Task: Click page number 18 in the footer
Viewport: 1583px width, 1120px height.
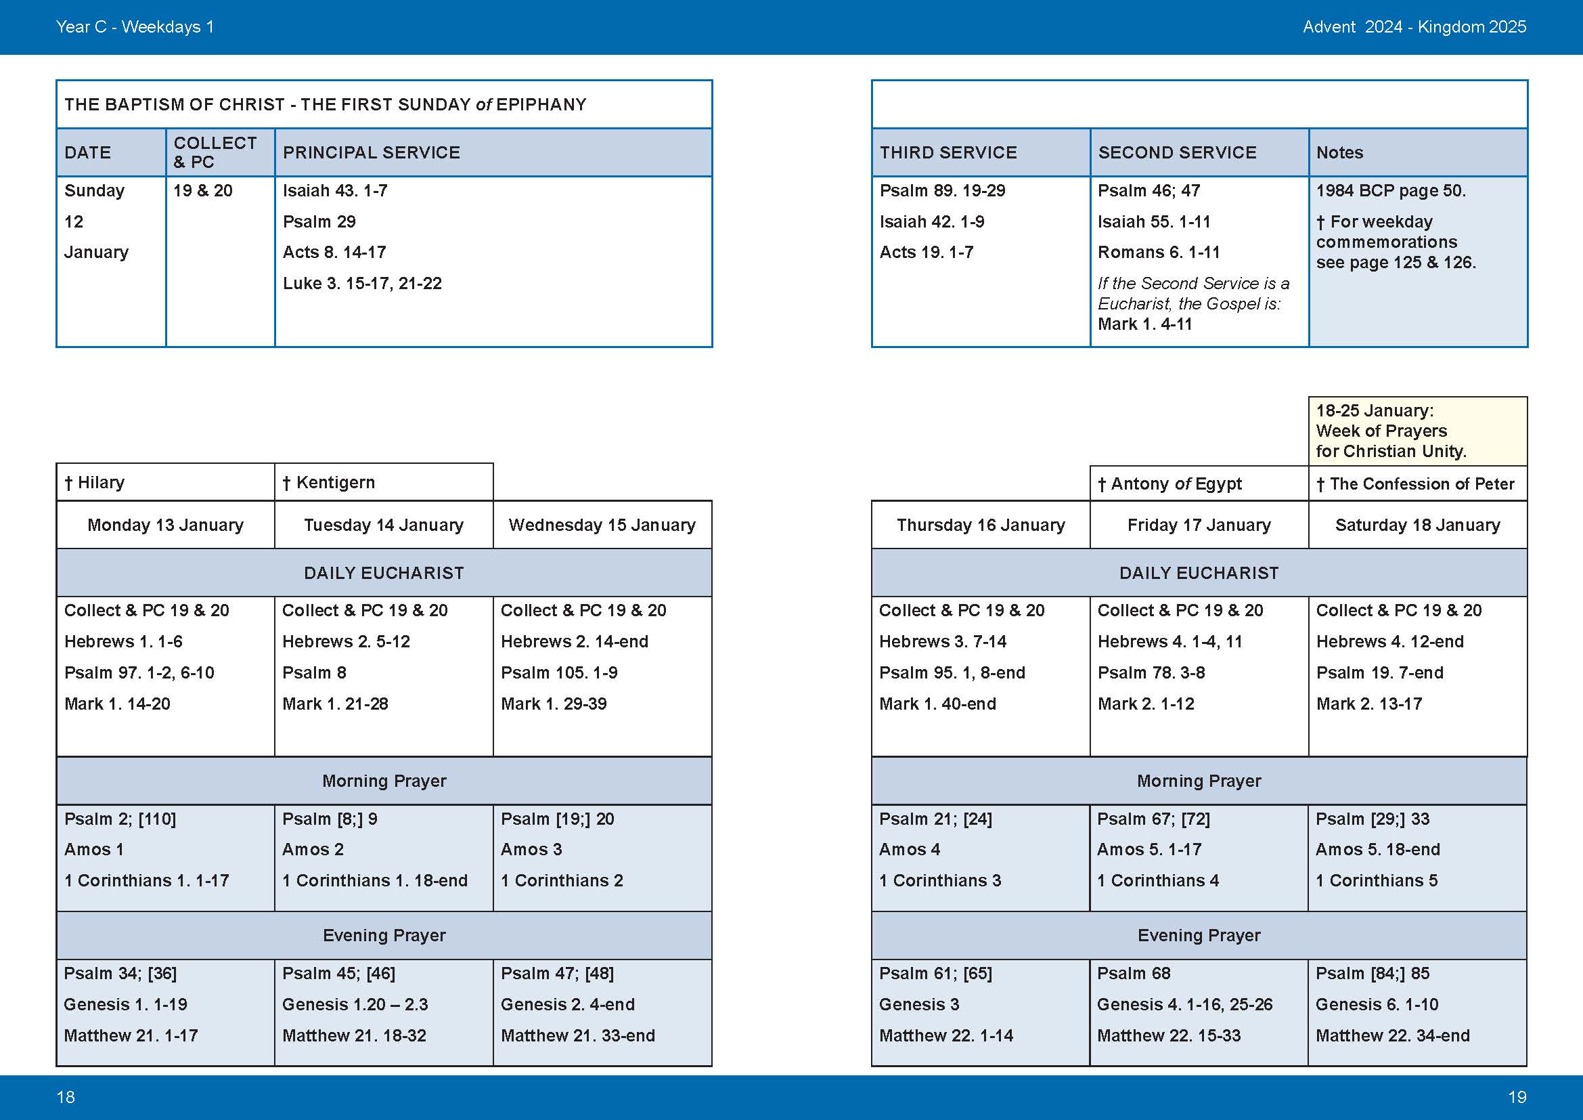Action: coord(66,1097)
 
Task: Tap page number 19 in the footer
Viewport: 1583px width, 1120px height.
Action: coord(1517,1097)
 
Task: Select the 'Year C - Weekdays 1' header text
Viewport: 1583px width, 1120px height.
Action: coord(135,27)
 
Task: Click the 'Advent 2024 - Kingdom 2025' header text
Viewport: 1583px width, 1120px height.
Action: coord(1414,27)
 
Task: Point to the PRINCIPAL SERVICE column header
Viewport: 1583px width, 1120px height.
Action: coord(371,152)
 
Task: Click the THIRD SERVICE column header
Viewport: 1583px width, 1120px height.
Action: coord(948,152)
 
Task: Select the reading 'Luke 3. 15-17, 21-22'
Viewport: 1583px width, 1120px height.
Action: coord(362,284)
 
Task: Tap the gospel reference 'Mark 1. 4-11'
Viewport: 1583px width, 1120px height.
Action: coord(1144,324)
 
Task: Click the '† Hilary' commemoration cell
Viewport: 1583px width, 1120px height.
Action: coord(95,483)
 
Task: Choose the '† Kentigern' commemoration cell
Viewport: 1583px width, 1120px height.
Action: coord(329,483)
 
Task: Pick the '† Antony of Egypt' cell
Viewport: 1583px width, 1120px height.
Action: coord(1169,484)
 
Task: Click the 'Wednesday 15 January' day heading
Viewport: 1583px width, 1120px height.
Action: coord(602,525)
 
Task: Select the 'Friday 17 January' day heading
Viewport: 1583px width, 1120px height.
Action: coord(1199,525)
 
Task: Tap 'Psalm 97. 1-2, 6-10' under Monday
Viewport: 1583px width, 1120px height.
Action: coord(139,672)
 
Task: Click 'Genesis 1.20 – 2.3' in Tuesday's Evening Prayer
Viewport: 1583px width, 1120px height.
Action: coord(355,1004)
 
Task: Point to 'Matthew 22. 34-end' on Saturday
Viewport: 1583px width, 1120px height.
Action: coord(1393,1035)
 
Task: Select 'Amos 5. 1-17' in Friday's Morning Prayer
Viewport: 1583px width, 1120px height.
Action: coord(1149,850)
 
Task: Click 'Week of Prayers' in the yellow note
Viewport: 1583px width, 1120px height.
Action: coord(1381,431)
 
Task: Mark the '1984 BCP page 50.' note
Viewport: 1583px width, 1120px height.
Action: coord(1391,190)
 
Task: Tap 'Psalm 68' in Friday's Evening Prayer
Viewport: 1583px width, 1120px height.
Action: coord(1134,973)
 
